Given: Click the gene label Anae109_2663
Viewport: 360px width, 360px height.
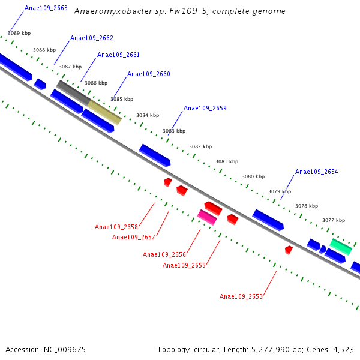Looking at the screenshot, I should (46, 8).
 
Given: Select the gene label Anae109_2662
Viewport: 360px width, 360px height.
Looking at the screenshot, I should (92, 38).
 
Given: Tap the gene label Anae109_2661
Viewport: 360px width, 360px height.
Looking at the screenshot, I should (118, 55).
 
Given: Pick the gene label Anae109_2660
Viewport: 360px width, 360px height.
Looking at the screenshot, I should (149, 74).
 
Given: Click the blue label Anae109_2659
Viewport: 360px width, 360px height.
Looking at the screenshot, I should (205, 109).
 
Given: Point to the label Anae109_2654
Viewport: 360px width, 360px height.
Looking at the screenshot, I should (317, 172).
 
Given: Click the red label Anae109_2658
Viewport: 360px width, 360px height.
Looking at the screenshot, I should (116, 227).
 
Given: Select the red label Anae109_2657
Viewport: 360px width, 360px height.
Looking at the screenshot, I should (134, 237).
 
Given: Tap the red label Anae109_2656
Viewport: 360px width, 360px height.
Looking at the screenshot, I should (164, 254).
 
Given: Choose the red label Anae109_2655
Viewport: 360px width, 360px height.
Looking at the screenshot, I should (184, 265).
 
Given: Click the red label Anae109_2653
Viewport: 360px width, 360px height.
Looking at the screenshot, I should (241, 297).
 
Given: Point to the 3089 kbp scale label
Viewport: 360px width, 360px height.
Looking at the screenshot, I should (19, 34).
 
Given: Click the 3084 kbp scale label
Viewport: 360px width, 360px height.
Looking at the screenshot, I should (148, 115).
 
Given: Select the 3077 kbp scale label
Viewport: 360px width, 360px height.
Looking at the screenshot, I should (334, 220).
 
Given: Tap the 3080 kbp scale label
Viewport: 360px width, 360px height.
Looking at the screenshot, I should (253, 176).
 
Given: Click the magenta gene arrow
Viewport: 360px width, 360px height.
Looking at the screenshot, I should (207, 217).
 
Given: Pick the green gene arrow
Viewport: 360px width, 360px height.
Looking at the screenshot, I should (340, 246).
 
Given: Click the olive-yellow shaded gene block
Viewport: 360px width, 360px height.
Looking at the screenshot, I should (101, 112).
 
